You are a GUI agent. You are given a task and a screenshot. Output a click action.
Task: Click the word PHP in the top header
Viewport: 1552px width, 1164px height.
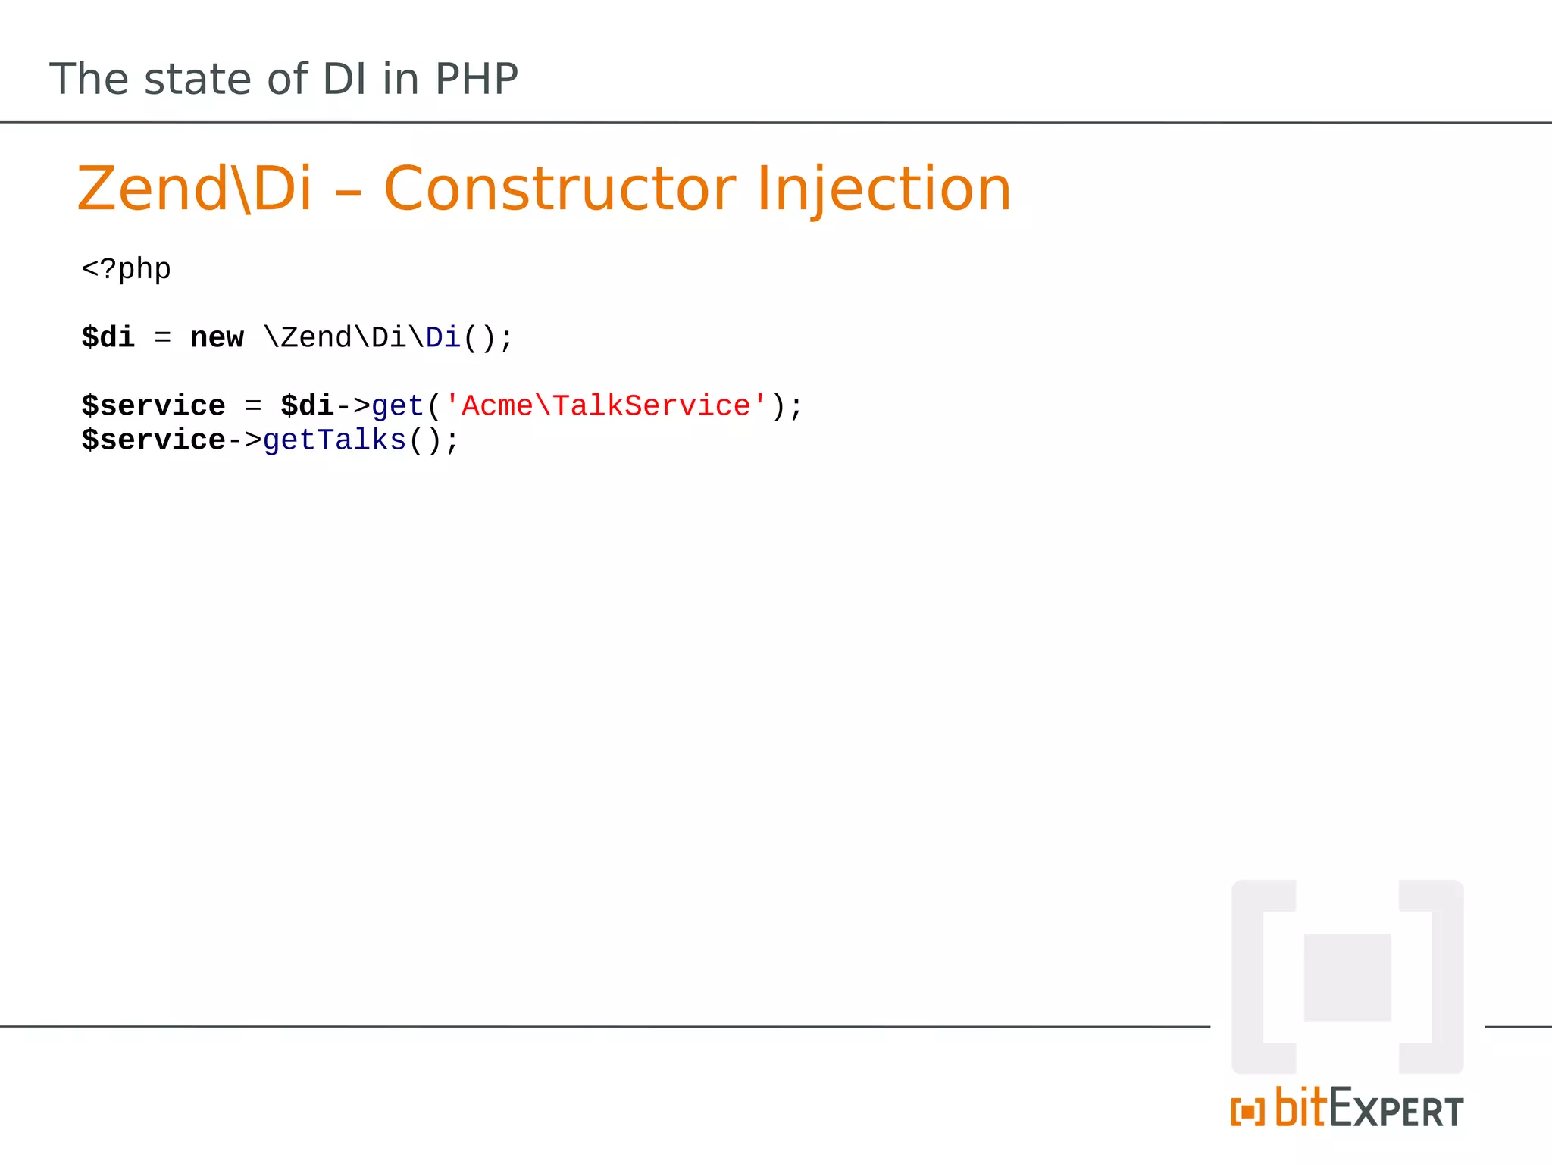tap(476, 79)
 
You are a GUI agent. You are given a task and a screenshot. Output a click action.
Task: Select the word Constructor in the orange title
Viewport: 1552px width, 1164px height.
tap(559, 189)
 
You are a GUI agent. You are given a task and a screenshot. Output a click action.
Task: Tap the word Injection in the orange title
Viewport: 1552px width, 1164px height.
tap(884, 189)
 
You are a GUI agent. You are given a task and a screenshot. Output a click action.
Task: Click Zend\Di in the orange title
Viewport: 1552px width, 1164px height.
tap(195, 189)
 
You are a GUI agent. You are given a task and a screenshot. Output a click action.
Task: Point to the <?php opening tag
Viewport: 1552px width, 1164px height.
tap(127, 269)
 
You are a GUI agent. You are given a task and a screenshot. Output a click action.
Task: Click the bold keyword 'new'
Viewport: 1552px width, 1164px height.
tap(217, 337)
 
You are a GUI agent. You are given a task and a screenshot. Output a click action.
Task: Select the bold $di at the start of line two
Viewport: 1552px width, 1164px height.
tap(108, 337)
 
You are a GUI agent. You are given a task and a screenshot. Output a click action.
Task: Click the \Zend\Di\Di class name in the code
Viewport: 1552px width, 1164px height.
tap(362, 337)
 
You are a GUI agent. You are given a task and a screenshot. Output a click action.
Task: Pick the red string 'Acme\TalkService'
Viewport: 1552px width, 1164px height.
tap(605, 406)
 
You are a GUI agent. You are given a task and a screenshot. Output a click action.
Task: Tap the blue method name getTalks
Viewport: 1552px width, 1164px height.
tap(335, 440)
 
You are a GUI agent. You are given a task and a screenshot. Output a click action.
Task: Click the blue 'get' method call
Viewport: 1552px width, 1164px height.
tap(398, 406)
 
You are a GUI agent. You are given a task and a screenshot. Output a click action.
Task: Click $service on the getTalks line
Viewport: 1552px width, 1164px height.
tap(154, 440)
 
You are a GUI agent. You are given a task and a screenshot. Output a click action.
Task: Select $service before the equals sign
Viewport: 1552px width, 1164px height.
tap(154, 406)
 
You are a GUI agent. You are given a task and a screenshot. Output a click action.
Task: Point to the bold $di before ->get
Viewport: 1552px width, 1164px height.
tap(308, 406)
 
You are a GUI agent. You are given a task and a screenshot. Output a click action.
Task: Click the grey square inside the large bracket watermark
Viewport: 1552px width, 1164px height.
tap(1347, 977)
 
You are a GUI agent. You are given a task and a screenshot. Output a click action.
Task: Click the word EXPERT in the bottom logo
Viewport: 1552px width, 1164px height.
tap(1396, 1109)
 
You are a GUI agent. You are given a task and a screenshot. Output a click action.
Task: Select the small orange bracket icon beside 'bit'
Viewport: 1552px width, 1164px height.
tap(1247, 1112)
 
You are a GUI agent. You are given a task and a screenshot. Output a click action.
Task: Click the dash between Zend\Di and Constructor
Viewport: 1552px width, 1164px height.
tap(348, 191)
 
